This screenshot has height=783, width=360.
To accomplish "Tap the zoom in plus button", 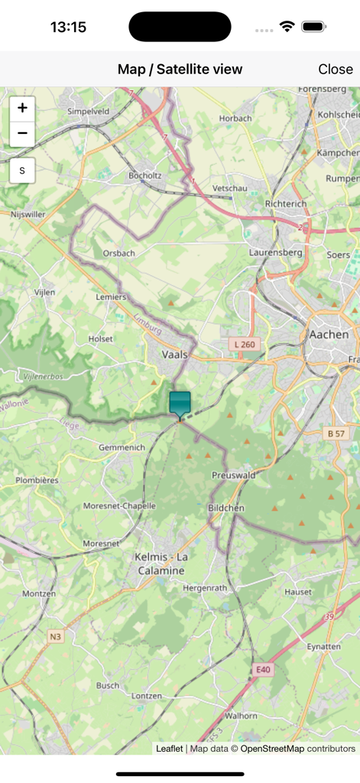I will click(x=22, y=109).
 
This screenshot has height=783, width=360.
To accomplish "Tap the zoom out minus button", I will click(x=22, y=134).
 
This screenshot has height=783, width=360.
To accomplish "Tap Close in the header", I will click(x=335, y=69).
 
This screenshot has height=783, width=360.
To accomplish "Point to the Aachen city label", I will click(x=328, y=334).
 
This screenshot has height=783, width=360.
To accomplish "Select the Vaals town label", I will click(x=175, y=355).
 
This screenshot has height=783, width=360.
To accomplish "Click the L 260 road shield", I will click(x=244, y=345).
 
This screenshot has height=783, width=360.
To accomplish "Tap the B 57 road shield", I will click(x=336, y=434).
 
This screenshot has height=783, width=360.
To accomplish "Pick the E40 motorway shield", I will click(x=263, y=669).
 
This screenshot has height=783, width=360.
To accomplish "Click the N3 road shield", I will click(x=56, y=636).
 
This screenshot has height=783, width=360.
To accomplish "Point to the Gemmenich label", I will click(x=122, y=447).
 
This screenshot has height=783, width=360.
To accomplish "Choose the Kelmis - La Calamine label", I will click(x=161, y=564).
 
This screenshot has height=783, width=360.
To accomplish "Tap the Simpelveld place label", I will click(x=89, y=111).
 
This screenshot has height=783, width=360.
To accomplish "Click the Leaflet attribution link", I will click(x=169, y=749).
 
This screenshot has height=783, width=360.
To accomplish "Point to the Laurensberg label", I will click(x=276, y=252).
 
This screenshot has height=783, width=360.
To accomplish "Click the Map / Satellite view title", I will click(x=180, y=69).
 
